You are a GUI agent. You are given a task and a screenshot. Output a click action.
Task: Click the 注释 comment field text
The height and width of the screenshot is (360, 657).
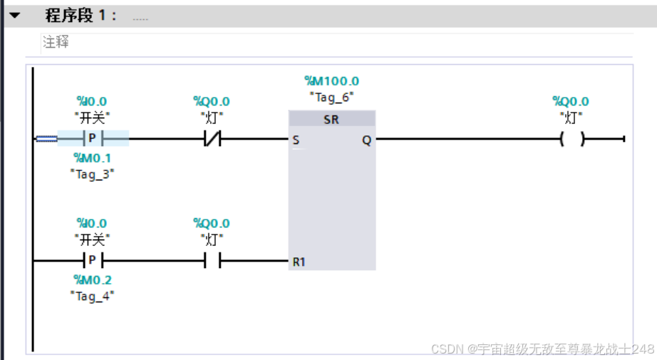click(x=56, y=42)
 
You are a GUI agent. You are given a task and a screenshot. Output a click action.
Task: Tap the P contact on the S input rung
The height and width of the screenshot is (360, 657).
click(x=93, y=138)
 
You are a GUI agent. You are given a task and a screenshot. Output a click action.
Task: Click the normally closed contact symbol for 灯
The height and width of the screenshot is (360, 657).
click(x=212, y=138)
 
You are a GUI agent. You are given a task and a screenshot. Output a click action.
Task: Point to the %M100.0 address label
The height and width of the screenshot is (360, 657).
click(x=331, y=81)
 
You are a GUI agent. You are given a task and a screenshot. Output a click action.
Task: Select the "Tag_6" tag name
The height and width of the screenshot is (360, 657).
click(x=331, y=96)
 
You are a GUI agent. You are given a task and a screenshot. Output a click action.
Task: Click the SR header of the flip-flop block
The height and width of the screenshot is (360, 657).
click(x=331, y=120)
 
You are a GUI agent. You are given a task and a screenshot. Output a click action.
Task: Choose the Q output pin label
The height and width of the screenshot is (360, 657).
click(x=366, y=140)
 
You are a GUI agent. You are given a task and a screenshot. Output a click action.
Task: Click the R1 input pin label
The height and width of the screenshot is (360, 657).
click(x=299, y=262)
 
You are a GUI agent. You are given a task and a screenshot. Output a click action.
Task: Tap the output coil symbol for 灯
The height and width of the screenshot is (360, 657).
click(x=571, y=139)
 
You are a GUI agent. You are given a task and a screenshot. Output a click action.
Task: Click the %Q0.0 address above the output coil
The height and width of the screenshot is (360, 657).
click(x=571, y=102)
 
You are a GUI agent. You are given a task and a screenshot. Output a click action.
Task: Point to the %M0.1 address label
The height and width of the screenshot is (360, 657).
click(x=93, y=158)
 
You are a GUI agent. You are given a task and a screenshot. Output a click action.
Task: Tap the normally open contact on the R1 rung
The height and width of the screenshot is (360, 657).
click(x=212, y=261)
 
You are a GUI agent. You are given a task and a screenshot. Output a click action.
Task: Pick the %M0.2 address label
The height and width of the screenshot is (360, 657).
click(x=93, y=280)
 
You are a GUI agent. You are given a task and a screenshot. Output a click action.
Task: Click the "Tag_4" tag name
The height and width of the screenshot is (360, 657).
click(x=93, y=295)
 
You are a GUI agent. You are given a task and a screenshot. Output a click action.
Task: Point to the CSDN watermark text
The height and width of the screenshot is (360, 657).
click(x=542, y=349)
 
